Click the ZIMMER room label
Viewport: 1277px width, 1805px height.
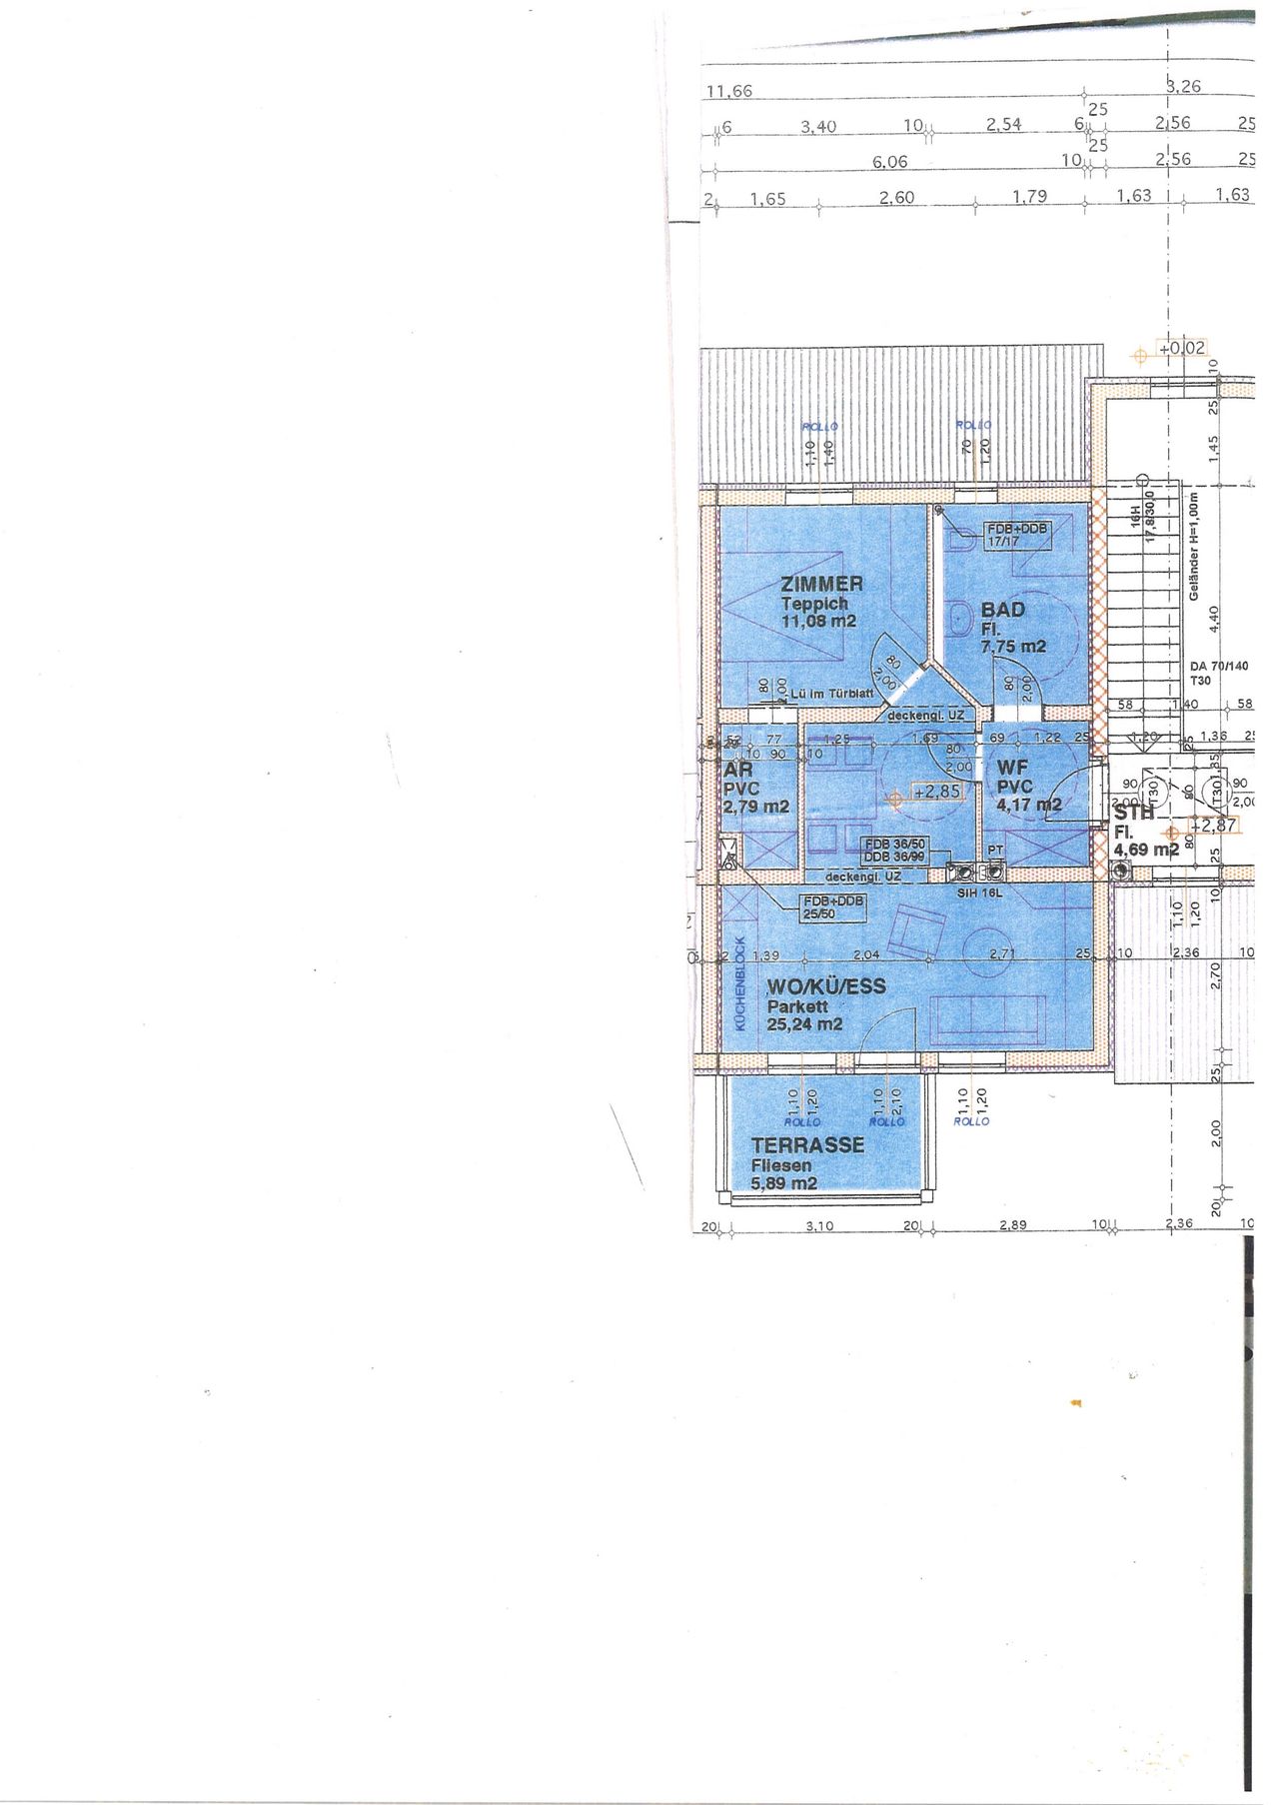pyautogui.click(x=821, y=583)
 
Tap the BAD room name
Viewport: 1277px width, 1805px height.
pyautogui.click(x=1002, y=609)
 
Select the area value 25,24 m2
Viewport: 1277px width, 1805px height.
pyautogui.click(x=804, y=1024)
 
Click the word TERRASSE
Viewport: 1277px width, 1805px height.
pyautogui.click(x=807, y=1145)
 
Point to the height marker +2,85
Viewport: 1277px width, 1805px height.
pyautogui.click(x=935, y=791)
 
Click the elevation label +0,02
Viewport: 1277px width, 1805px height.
pyautogui.click(x=1181, y=348)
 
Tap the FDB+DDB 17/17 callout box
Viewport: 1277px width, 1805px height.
pyautogui.click(x=1017, y=535)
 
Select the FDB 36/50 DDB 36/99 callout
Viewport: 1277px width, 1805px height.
pyautogui.click(x=894, y=851)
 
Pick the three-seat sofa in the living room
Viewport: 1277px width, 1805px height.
pyautogui.click(x=988, y=1019)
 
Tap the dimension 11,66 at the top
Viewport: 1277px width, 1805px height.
pyautogui.click(x=728, y=91)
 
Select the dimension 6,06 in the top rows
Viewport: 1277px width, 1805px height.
pyautogui.click(x=889, y=162)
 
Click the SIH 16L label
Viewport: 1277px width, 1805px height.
pyautogui.click(x=978, y=893)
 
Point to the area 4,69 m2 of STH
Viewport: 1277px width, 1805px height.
pyautogui.click(x=1145, y=850)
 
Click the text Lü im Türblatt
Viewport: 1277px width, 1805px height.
pyautogui.click(x=831, y=693)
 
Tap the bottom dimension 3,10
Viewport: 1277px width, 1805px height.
pyautogui.click(x=818, y=1226)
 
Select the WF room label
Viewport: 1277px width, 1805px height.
pyautogui.click(x=1012, y=768)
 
